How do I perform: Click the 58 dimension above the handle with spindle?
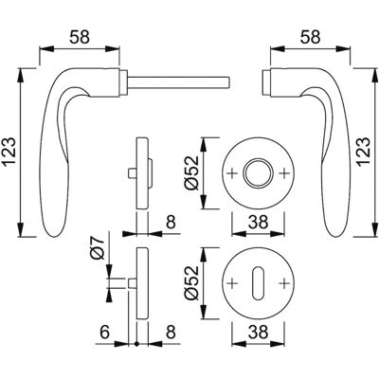point(80,37)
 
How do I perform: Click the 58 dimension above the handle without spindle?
point(310,37)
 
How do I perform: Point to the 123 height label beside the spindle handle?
point(9,152)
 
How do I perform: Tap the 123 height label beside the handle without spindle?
point(364,152)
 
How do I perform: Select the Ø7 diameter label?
point(98,248)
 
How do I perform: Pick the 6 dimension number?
point(104,333)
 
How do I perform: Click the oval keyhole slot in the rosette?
point(259,282)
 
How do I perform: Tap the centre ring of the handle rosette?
point(259,173)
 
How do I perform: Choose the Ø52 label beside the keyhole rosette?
point(191,283)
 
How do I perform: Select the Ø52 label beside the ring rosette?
point(191,172)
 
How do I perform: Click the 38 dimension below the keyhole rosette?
point(258,332)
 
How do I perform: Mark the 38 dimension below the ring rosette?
point(258,222)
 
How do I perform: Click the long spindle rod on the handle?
point(178,81)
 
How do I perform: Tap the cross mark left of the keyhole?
point(232,282)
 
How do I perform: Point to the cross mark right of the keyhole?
point(284,282)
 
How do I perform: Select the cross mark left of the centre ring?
point(232,173)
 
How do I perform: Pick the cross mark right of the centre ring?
point(284,173)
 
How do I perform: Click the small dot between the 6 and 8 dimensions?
point(136,344)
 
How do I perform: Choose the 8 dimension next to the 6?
point(171,333)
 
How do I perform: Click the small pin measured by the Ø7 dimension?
point(133,283)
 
